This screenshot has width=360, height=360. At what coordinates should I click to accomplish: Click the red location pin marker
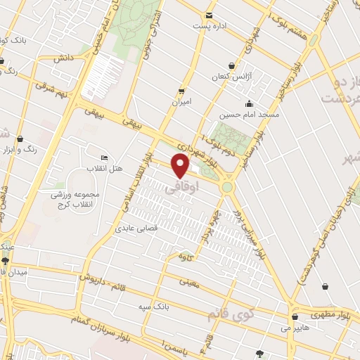coord(181,165)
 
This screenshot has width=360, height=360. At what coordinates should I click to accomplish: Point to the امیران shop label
coord(181,102)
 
